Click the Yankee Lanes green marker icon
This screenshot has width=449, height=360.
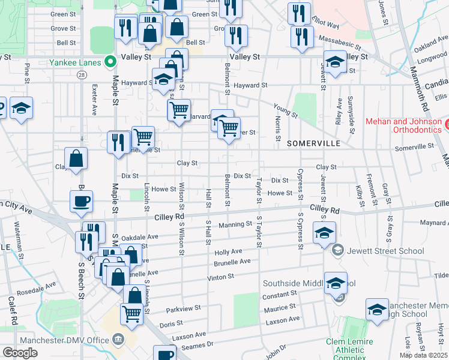pos(110,61)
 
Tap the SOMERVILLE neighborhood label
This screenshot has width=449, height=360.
pos(313,144)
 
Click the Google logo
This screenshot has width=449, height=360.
pos(20,353)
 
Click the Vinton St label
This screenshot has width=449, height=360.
pos(221,277)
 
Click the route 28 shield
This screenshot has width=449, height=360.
pos(81,74)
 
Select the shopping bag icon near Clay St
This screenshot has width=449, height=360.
pos(76,159)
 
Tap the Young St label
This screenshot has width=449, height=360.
pos(285,110)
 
